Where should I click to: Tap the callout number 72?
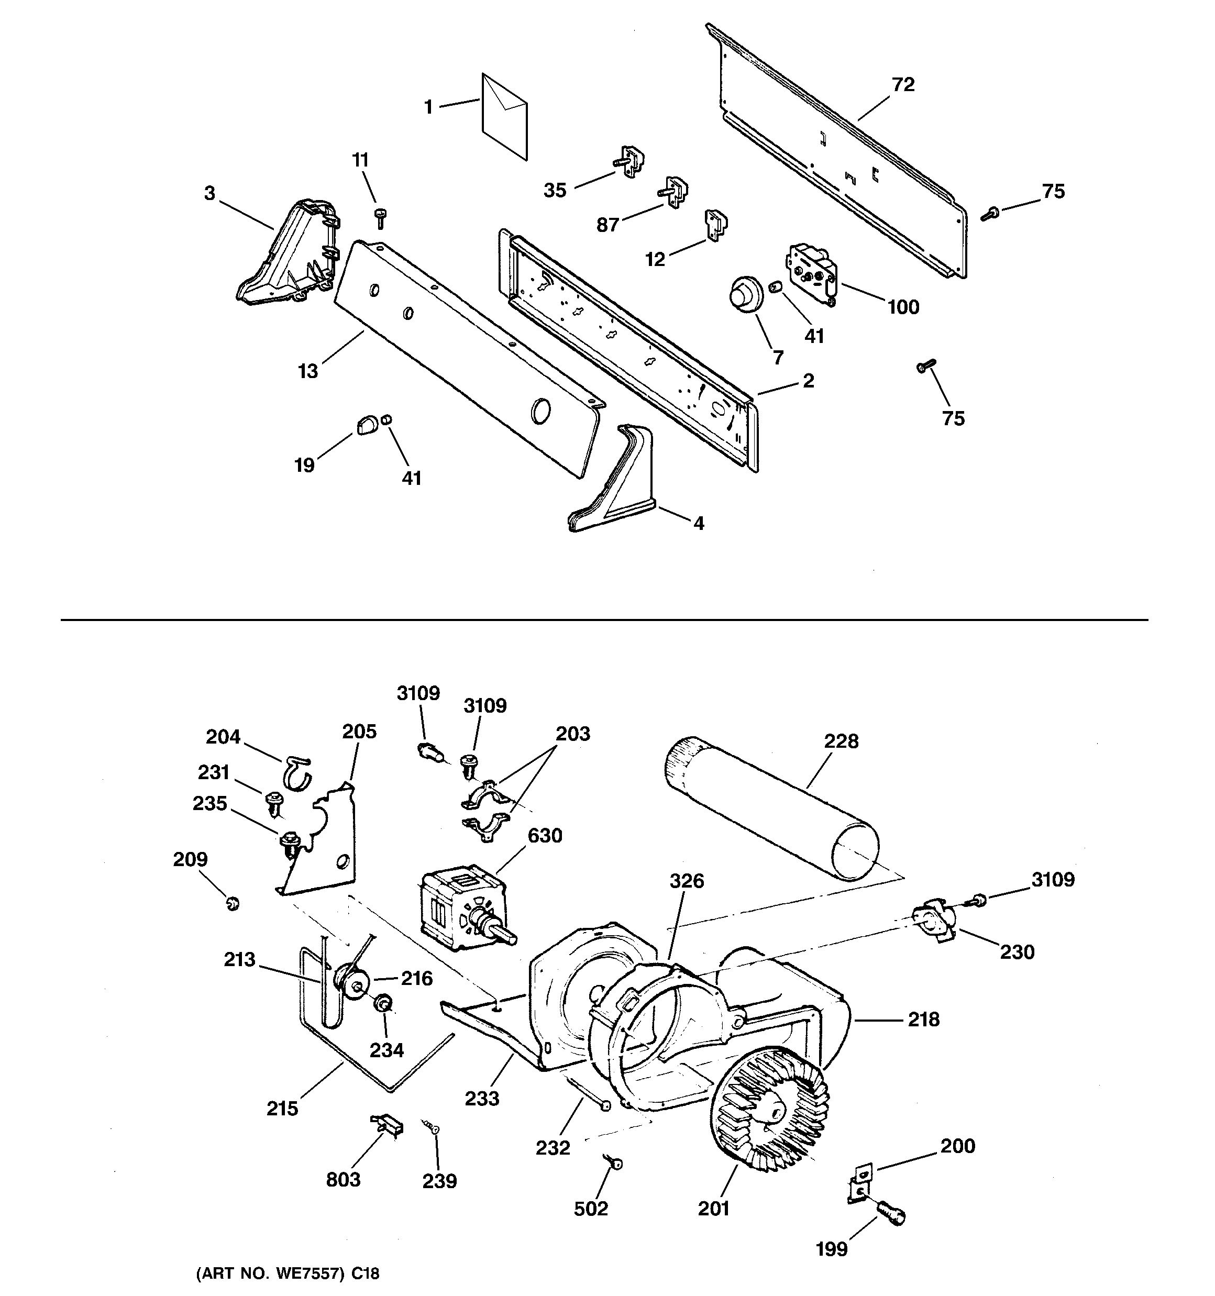903,85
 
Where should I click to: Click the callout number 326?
687,881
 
